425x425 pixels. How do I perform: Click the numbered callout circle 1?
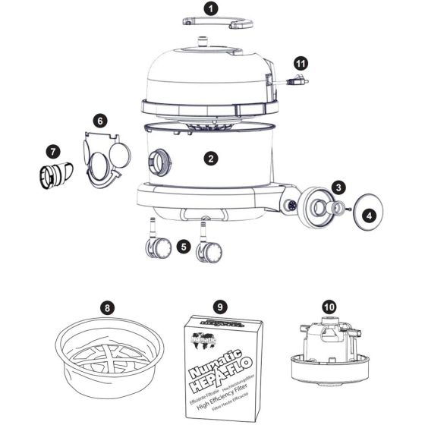(x=212, y=11)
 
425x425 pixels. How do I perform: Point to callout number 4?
(x=369, y=215)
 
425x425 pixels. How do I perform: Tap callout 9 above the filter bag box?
(x=220, y=307)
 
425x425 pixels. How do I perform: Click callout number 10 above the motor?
(x=329, y=307)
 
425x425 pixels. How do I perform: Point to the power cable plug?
(x=302, y=80)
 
